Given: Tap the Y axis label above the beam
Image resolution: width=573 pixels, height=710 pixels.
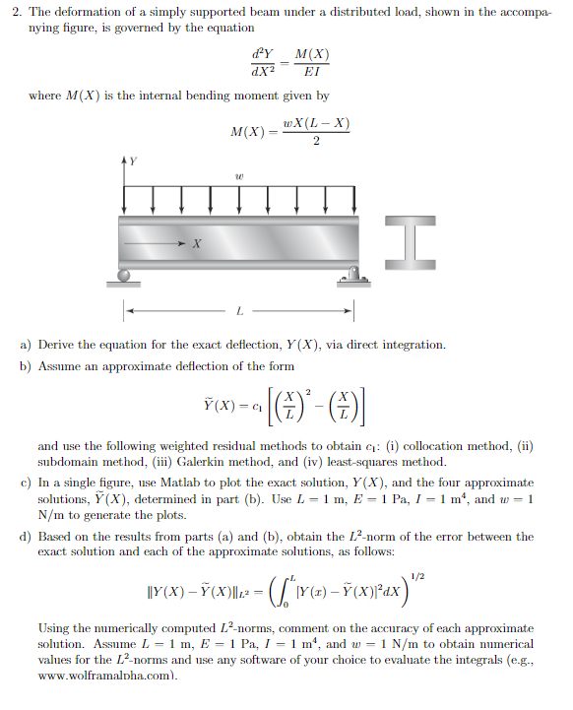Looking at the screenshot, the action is pos(133,158).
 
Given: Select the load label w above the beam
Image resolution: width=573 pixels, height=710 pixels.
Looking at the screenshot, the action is pos(239,178).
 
